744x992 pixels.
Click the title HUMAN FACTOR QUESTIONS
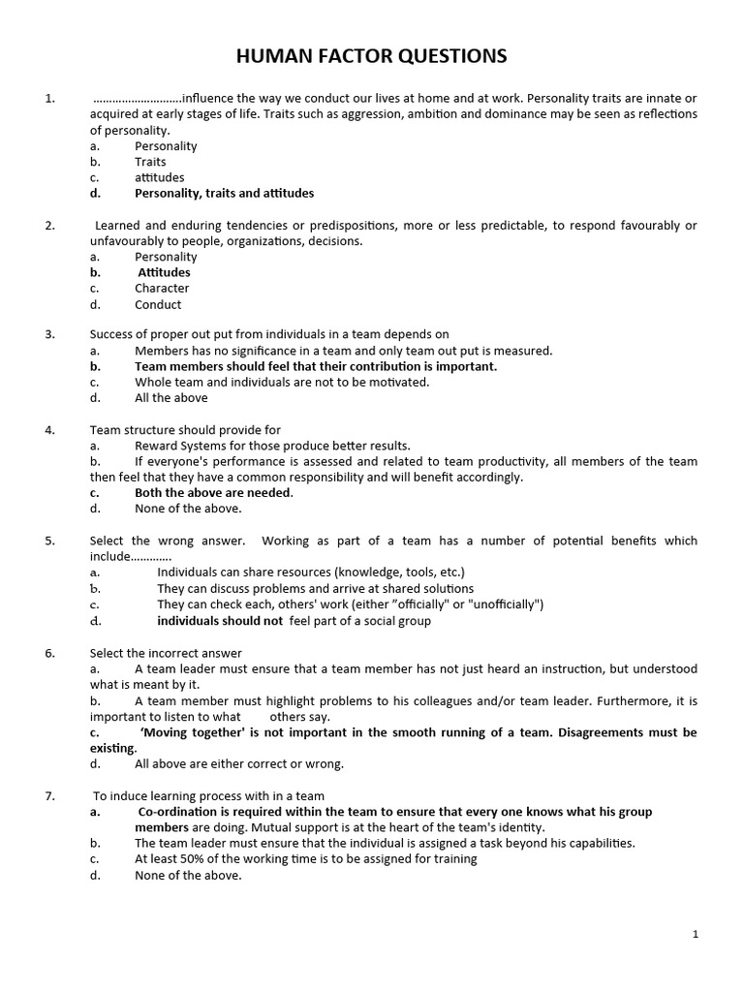371,57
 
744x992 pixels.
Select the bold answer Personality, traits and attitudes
224,193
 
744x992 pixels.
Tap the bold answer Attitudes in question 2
164,272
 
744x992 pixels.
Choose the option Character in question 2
162,288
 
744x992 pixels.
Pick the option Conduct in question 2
158,304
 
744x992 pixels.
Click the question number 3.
49,334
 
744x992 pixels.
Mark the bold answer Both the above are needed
213,492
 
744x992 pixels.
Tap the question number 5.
49,541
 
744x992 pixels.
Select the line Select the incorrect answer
166,653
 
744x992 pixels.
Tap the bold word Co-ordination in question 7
178,812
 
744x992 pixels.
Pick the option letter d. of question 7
95,875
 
